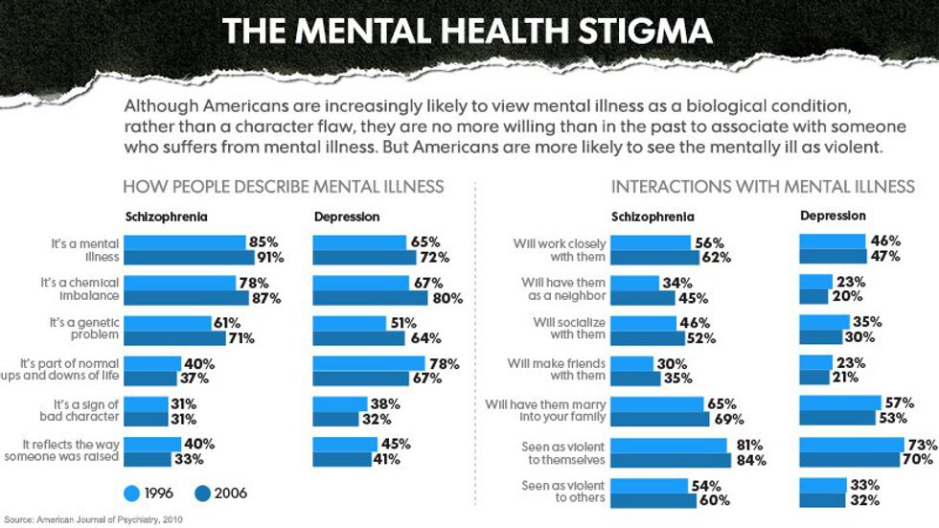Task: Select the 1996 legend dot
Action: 134,494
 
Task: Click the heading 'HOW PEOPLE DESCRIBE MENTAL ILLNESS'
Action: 284,186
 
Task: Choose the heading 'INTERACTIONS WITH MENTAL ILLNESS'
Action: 763,186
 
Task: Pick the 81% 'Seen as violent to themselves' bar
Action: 669,446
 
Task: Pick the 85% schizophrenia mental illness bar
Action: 185,243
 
